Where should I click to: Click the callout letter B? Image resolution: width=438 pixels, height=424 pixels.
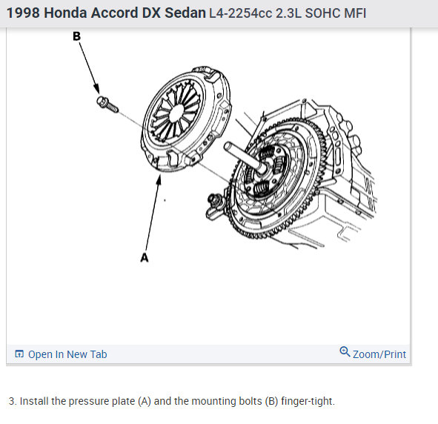pos(76,36)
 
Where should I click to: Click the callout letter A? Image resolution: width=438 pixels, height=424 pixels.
pos(145,257)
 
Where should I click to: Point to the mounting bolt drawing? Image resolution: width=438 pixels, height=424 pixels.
pos(107,105)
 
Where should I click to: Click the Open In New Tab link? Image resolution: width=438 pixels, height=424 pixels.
pos(67,354)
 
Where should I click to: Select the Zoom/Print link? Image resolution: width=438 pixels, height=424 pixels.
pos(379,354)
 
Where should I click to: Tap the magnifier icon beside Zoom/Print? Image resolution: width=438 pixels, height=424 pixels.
pos(345,351)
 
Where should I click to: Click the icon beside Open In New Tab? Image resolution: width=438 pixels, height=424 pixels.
pos(19,354)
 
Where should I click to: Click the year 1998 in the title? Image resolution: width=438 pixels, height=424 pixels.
pos(23,13)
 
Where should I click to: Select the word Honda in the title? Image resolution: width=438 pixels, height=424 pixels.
pos(65,13)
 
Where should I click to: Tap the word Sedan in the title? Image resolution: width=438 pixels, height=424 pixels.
pos(185,13)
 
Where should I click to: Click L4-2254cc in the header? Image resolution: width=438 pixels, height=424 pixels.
pos(241,13)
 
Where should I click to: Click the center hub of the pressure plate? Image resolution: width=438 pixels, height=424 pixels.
pos(176,113)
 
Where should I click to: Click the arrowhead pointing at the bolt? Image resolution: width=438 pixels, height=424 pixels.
pos(96,89)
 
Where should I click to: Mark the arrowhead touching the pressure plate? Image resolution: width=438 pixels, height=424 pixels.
pos(159,180)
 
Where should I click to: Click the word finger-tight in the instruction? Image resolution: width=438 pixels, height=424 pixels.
pos(308,401)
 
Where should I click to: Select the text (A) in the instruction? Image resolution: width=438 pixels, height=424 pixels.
pos(145,401)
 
